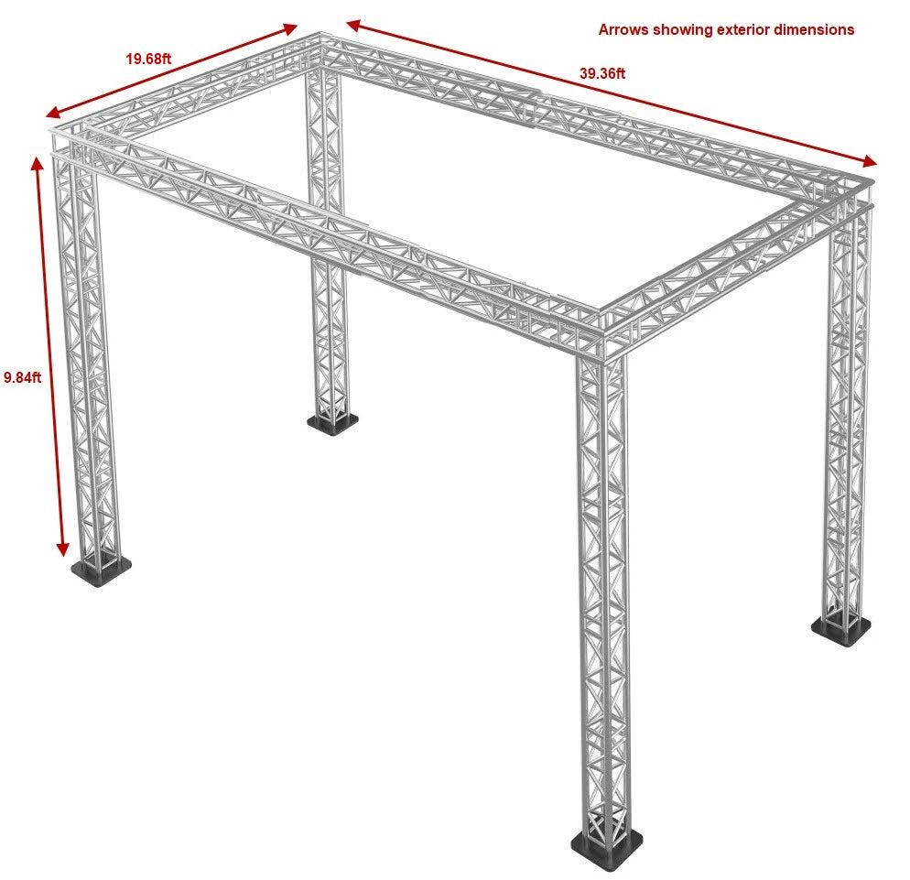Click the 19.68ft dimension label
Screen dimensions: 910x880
[x=148, y=59]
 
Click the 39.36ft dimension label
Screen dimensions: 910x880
[x=602, y=74]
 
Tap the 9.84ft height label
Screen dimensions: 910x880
[x=23, y=377]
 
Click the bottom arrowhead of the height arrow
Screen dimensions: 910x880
[x=62, y=549]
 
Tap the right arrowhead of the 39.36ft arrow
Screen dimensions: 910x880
[x=870, y=161]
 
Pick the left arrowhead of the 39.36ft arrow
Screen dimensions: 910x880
[x=354, y=25]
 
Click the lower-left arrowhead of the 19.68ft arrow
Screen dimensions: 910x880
[x=54, y=112]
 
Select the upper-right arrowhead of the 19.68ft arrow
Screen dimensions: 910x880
[x=289, y=28]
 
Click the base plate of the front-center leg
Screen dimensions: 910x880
[x=606, y=851]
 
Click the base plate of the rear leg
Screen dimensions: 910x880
[x=332, y=424]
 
